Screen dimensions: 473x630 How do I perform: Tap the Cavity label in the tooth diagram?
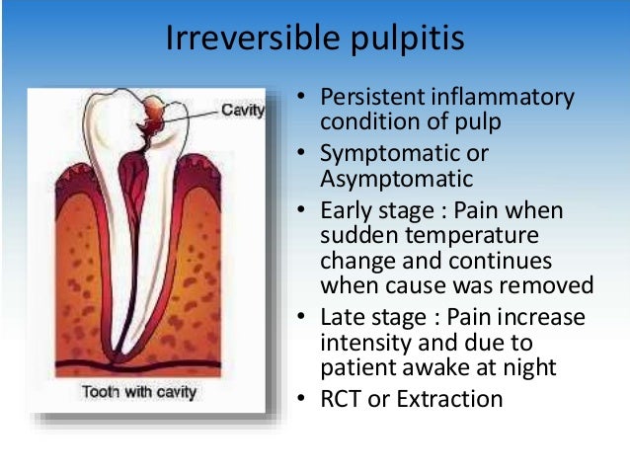click(x=243, y=110)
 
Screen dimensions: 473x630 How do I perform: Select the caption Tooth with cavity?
click(x=139, y=392)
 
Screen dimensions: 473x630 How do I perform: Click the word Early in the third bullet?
click(x=347, y=211)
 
